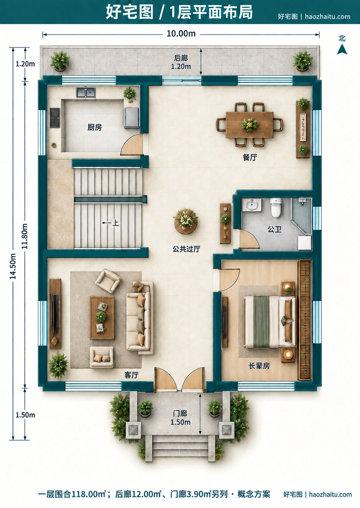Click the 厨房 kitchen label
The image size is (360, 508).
pos(94,128)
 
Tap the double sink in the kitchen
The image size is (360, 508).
pos(86,92)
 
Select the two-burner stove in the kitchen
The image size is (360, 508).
pos(55,118)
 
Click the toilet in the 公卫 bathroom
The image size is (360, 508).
pos(276,208)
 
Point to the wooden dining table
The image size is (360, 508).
pos(249,125)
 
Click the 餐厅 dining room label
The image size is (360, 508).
pos(250,157)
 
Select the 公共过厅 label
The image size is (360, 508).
pos(186,249)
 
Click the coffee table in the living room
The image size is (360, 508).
pos(102,317)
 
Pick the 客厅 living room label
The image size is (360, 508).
pos(131,375)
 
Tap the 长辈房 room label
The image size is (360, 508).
pos(259,366)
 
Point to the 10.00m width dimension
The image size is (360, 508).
pos(181,34)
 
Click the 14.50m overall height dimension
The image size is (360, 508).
pos(13,266)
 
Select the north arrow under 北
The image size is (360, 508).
pos(342,49)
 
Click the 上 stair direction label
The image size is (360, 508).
pos(115,223)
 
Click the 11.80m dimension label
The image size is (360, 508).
pos(25,236)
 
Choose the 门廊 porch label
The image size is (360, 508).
pos(180,414)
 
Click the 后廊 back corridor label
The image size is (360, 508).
pos(181,58)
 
